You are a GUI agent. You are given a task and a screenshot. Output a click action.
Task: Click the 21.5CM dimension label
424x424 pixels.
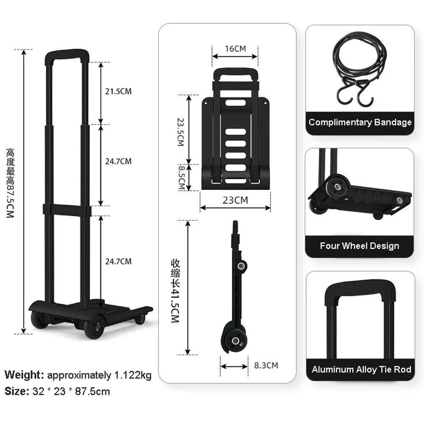click(118, 91)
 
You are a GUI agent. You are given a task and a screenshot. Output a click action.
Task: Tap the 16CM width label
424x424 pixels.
click(235, 48)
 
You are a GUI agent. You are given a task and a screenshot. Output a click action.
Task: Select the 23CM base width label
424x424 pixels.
click(235, 200)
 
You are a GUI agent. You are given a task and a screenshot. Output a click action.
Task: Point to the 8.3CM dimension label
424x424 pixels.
click(266, 365)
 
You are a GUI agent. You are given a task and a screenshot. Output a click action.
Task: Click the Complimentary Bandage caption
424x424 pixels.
click(360, 123)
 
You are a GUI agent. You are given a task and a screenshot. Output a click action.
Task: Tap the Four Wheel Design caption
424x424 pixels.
click(360, 246)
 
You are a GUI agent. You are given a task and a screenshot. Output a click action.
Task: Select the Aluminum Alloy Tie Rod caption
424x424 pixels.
click(361, 369)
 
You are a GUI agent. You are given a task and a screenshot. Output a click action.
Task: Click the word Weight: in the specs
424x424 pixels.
click(25, 375)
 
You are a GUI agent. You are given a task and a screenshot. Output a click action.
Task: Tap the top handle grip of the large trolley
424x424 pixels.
click(67, 54)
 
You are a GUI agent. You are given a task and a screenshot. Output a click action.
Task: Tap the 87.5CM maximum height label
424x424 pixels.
click(10, 183)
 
